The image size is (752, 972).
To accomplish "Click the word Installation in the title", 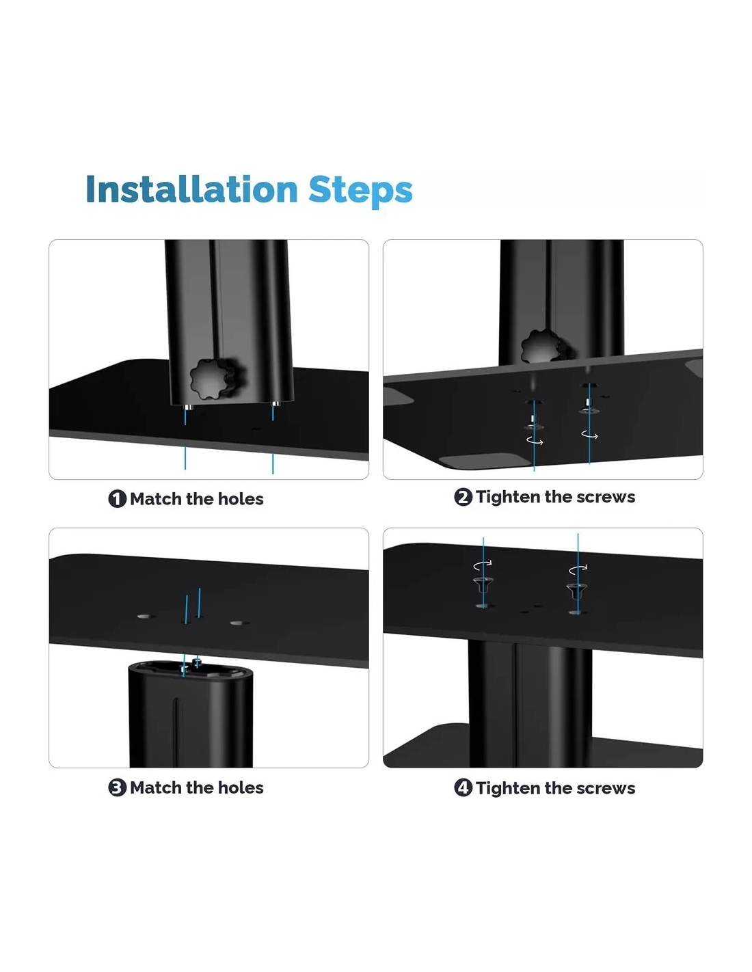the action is click(x=191, y=189).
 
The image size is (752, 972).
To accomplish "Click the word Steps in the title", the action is click(x=360, y=191).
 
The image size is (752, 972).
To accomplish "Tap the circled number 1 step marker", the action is click(x=117, y=499).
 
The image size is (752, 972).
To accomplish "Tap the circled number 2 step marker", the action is click(x=463, y=497).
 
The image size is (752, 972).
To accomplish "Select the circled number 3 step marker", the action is click(x=117, y=787).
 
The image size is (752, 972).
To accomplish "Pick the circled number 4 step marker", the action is click(x=463, y=787).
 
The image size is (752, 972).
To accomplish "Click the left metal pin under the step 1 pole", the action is click(x=189, y=407).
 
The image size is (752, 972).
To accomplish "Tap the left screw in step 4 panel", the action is click(x=483, y=584).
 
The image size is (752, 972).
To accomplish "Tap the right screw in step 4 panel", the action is click(x=576, y=589).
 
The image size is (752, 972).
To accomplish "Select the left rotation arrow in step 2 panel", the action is click(x=535, y=442).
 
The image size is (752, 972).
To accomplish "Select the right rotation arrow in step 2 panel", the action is click(x=589, y=434).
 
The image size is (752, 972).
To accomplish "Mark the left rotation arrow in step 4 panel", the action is click(x=483, y=565).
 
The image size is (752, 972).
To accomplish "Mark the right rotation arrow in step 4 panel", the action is click(x=578, y=569).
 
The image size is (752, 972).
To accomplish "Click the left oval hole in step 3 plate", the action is click(x=144, y=617).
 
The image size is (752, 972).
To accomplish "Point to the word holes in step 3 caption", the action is click(x=241, y=787).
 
